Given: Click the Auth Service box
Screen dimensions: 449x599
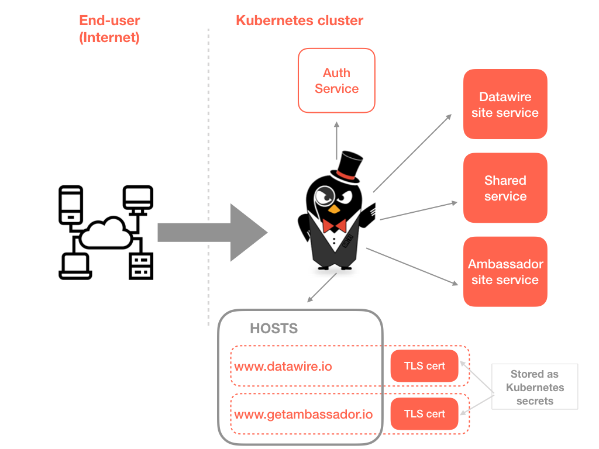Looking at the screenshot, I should coord(336,81).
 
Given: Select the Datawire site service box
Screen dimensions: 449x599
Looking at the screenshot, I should coord(505,105).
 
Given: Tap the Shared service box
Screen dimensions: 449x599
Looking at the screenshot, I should coord(505,188).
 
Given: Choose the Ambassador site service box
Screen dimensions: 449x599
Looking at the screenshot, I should coord(505,272).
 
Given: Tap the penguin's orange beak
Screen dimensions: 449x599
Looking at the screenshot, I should coord(333,208).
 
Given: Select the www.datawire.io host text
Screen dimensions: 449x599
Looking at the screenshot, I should coord(283,367).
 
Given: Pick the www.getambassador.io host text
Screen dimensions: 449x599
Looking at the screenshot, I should coord(303,415).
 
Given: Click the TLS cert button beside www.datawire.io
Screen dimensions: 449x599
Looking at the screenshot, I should coord(425,367).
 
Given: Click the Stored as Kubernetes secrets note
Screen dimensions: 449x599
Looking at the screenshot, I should coord(535,387).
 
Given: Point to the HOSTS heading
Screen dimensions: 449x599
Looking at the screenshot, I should coord(274,329).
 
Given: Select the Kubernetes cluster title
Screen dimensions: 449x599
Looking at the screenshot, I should coord(299,21).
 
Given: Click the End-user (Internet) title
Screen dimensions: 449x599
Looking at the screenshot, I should coord(110,29).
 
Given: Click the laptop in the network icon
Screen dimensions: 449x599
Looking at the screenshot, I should coord(75,267).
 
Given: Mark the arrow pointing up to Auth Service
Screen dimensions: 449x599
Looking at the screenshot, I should coord(336,140).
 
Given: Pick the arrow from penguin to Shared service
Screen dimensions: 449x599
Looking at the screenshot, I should coord(418,211).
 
